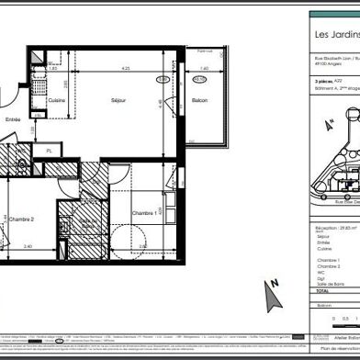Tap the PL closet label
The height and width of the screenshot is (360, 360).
click(48, 175)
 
